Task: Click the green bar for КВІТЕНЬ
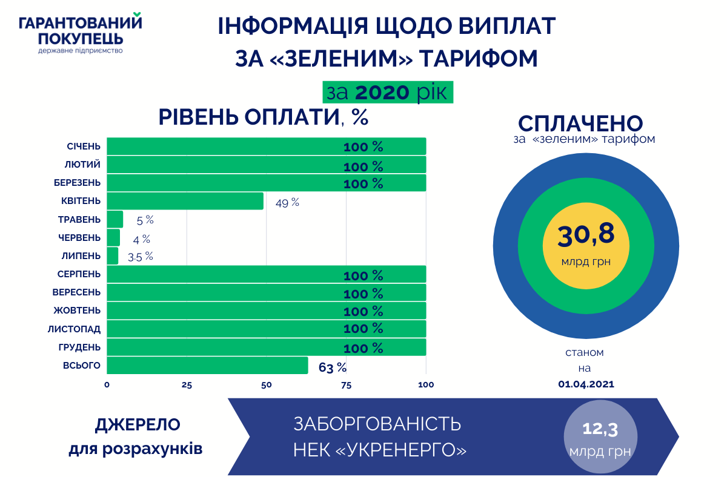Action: pos(185,201)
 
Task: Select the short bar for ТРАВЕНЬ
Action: pos(115,219)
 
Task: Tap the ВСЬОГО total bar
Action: pos(207,366)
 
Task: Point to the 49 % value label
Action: pos(287,203)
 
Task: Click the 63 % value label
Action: pos(333,367)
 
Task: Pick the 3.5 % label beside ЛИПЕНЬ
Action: pos(141,257)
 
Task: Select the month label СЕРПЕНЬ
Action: pos(79,274)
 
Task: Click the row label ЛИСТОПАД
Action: pos(75,329)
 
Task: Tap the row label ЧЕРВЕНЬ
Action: pos(79,237)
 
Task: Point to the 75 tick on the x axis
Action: pos(346,385)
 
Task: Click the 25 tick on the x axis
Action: pos(187,385)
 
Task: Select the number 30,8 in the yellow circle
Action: pos(586,234)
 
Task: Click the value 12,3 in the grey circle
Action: pos(600,430)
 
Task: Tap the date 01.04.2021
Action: pos(585,384)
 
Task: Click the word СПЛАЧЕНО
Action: pos(580,123)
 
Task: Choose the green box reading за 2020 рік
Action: pos(388,93)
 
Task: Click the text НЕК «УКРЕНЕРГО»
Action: pos(380,451)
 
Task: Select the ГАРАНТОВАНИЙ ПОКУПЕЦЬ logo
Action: pos(81,34)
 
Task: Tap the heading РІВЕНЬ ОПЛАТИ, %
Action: pos(264,117)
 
